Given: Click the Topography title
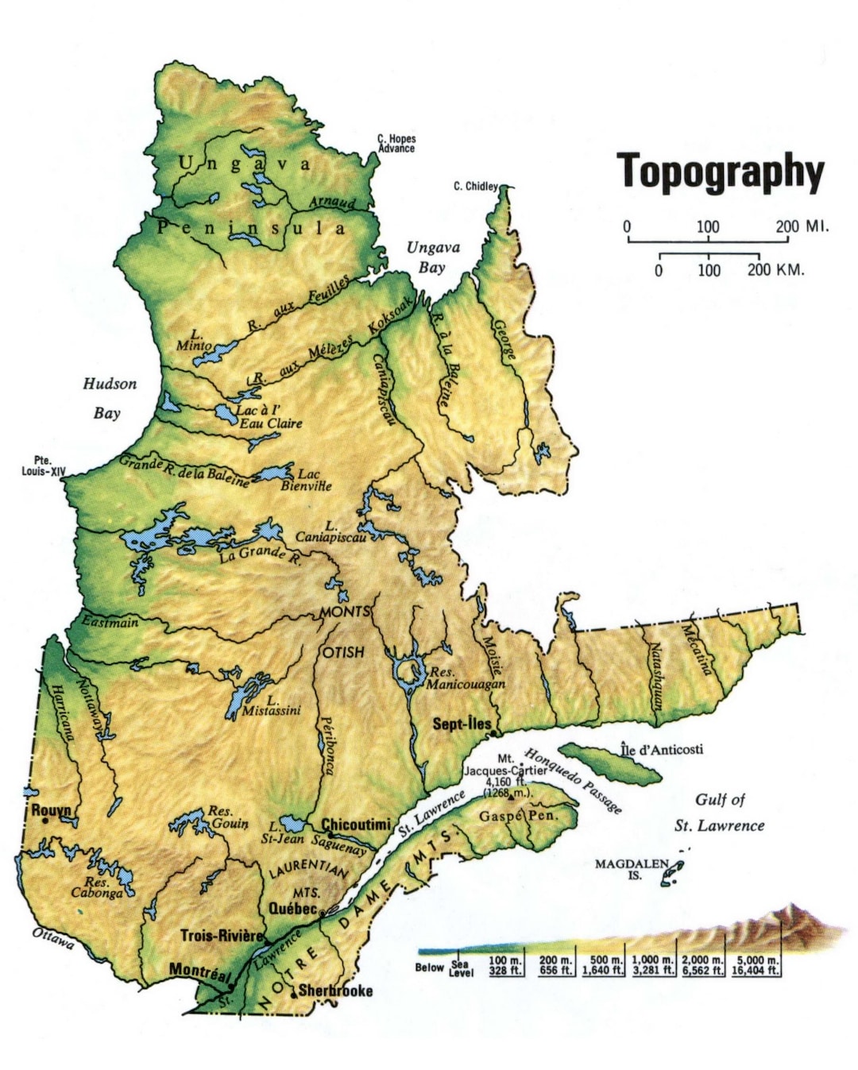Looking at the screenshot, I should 721,172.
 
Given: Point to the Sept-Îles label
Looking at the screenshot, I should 462,724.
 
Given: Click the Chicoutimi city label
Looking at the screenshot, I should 356,825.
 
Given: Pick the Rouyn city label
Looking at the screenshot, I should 51,810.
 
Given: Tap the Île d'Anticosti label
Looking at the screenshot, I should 661,749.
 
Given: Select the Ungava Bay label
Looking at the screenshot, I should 433,257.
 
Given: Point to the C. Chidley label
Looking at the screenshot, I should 475,187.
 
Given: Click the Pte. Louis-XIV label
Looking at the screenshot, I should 43,465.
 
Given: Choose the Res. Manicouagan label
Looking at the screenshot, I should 466,678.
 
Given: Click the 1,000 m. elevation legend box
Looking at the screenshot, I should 652,965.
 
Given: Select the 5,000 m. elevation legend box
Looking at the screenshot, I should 757,965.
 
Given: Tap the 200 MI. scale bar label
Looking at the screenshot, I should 802,226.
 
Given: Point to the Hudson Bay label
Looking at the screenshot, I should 110,398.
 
